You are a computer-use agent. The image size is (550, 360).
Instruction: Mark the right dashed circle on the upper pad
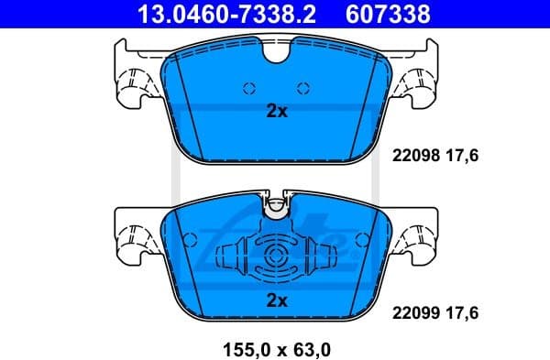pyautogui.click(x=303, y=88)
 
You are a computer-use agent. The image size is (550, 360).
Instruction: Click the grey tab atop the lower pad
pyautogui.click(x=276, y=209)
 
